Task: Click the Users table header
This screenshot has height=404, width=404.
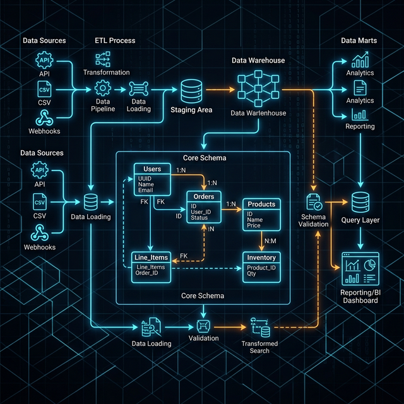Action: coord(152,169)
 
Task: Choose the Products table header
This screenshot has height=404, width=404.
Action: coord(261,205)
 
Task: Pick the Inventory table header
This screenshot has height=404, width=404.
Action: coord(261,258)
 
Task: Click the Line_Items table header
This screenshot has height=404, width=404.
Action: coord(151,258)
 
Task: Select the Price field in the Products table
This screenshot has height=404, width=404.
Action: coord(254,225)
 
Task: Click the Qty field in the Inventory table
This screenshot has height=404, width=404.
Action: coord(252,274)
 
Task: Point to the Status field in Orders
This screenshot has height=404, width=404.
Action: coord(200,218)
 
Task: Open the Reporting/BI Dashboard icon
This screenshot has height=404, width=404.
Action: coord(359,269)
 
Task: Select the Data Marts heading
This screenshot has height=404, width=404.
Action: coord(359,40)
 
